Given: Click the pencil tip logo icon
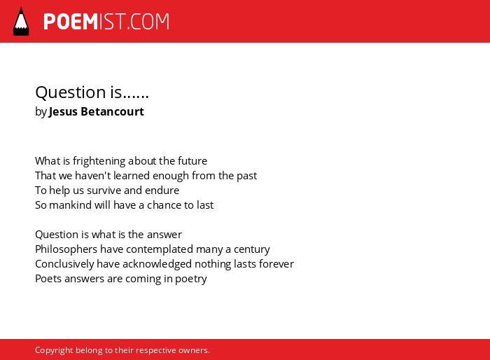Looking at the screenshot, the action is coord(21,22).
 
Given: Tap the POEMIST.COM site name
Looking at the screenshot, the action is coord(106,22).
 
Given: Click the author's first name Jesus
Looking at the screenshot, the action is coord(63,111).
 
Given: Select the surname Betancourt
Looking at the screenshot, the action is coord(113,111).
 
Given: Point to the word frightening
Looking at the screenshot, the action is coord(99,161).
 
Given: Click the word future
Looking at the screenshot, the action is coord(192,161).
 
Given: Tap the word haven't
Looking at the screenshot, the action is coord(93,176).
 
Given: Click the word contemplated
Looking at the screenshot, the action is coord(160,249).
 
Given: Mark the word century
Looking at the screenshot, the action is coord(252,249).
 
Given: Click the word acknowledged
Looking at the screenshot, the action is coord(157,264).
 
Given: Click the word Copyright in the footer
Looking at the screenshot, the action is coord(54,350).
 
